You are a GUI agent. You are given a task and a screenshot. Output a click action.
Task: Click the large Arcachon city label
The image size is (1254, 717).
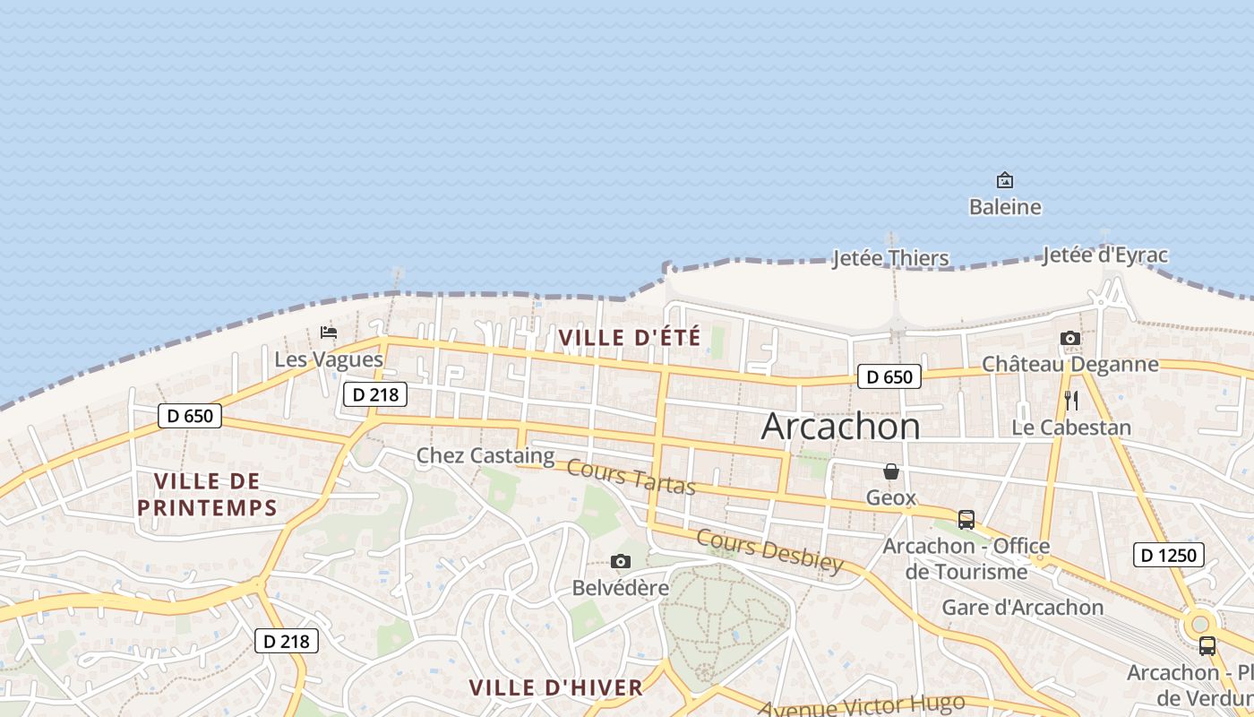click(840, 427)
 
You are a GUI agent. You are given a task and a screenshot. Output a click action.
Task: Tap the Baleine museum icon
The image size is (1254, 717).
click(1005, 180)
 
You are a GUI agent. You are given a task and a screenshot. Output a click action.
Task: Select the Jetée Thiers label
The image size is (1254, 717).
click(890, 258)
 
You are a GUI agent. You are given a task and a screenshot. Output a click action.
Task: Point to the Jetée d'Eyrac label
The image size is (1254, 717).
click(1104, 255)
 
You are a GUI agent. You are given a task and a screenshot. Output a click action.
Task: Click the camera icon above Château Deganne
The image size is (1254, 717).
click(1069, 338)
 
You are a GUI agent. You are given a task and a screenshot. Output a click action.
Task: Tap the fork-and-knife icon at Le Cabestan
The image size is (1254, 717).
click(1070, 400)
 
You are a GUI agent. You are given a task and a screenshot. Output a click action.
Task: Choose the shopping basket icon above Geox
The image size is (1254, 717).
click(891, 471)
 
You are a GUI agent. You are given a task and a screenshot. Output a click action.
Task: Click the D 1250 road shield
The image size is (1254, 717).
click(1169, 555)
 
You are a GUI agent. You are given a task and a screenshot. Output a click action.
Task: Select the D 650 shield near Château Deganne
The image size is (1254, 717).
click(889, 376)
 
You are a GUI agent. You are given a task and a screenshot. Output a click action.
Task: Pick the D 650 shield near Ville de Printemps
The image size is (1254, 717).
click(190, 415)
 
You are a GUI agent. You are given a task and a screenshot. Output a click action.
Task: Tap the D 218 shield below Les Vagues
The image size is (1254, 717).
click(375, 393)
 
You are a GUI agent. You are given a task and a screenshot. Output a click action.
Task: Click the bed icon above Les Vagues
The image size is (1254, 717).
click(329, 333)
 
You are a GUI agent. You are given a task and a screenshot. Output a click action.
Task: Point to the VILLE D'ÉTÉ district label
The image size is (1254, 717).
click(629, 338)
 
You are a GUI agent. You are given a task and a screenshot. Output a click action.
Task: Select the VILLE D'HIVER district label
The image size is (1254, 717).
click(556, 688)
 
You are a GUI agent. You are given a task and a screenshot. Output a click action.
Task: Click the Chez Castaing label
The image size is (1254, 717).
click(485, 455)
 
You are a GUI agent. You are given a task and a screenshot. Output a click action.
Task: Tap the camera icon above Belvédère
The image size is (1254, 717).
click(620, 562)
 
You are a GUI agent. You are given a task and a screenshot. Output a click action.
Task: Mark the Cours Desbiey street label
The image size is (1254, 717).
click(769, 550)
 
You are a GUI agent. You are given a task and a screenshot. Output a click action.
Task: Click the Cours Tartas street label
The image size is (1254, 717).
click(631, 477)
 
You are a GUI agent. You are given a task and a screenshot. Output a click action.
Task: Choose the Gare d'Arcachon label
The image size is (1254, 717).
click(1022, 608)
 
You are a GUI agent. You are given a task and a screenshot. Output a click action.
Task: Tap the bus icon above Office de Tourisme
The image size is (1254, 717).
click(966, 519)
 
